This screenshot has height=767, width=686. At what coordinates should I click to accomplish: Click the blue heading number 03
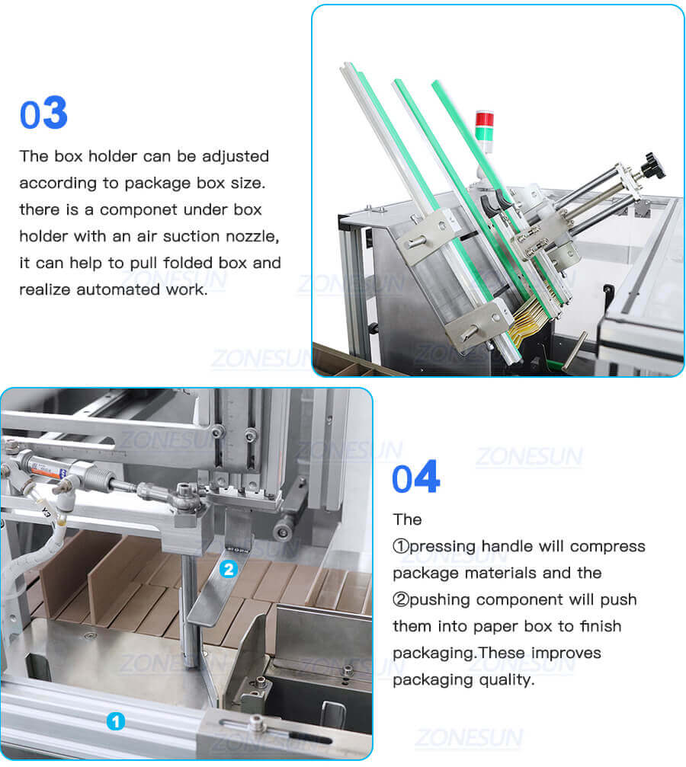[x=43, y=113]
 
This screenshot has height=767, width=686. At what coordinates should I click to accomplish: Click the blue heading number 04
[x=415, y=478]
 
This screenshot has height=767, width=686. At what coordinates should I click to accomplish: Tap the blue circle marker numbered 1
[x=115, y=721]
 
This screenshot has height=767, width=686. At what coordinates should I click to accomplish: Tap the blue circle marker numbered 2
[x=228, y=568]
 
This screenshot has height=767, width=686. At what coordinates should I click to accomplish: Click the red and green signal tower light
[x=484, y=126]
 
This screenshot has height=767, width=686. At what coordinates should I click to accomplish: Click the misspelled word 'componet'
[x=141, y=209]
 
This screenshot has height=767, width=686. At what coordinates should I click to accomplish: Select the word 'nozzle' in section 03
[x=254, y=236]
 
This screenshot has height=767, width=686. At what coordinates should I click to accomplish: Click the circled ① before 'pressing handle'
[x=401, y=546]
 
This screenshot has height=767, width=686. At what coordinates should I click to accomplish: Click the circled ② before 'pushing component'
[x=401, y=599]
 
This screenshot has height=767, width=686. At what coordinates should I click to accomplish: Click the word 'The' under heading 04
[x=407, y=519]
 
